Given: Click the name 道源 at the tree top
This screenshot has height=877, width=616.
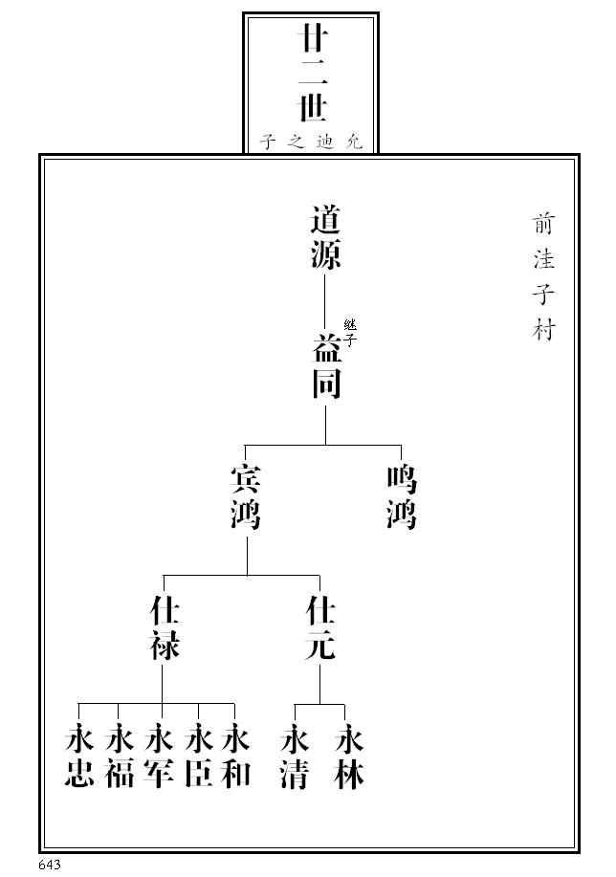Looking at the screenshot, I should (325, 237).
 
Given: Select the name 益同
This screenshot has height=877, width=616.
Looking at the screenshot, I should (325, 367).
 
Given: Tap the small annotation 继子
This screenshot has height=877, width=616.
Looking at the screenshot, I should (350, 332).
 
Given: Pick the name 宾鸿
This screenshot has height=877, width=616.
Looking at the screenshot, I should (246, 497).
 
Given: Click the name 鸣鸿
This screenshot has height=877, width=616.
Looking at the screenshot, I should (402, 497).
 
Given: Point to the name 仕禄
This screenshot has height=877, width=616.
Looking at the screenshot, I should (165, 628).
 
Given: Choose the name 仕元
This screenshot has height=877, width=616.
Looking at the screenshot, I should (320, 628).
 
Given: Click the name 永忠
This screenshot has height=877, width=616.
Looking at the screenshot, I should (78, 756).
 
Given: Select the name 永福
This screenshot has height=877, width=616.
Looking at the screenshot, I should (119, 756).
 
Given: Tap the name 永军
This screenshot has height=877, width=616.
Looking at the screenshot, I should (159, 756).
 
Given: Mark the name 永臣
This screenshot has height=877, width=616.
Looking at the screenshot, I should (198, 756).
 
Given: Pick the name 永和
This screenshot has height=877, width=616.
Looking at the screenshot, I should (235, 756).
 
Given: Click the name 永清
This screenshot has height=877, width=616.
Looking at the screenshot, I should (295, 756).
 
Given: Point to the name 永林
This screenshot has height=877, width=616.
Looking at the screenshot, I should (350, 756).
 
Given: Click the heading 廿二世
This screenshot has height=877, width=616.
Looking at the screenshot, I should (311, 74).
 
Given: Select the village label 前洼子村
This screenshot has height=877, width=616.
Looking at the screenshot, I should (544, 276).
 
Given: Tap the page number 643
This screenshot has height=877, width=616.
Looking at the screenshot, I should (51, 865).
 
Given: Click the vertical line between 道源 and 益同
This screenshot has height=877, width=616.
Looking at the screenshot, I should (325, 301).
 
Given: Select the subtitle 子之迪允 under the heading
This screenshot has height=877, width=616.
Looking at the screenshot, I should (311, 142).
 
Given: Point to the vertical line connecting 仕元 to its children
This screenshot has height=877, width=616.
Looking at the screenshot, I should (320, 683).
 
